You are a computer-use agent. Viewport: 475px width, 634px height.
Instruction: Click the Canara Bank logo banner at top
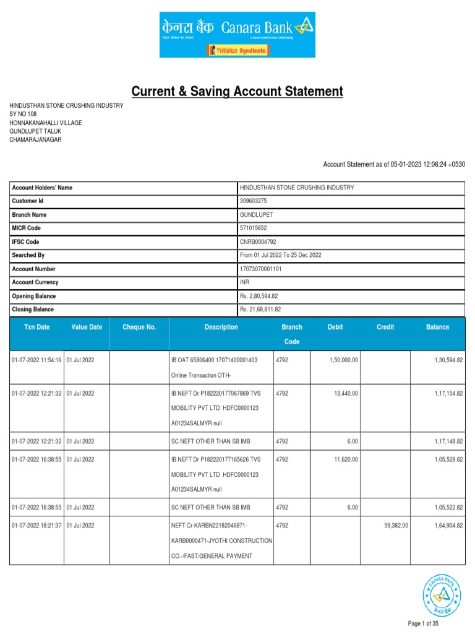(237, 35)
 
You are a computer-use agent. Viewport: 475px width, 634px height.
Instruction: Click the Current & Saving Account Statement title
(237, 92)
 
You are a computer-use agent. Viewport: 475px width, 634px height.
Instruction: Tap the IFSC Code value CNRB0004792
(259, 241)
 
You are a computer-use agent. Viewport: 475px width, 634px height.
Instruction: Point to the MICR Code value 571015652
(254, 228)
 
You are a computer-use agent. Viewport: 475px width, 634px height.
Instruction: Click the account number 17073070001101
(265, 269)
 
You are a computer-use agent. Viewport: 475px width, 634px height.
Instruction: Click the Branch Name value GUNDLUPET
(256, 215)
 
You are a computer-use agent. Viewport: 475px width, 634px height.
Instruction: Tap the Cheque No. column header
(139, 327)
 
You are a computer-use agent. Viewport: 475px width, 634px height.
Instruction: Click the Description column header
(221, 327)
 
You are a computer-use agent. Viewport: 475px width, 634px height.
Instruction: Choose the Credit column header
(385, 327)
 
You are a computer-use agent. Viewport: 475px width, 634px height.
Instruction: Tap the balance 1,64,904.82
(446, 524)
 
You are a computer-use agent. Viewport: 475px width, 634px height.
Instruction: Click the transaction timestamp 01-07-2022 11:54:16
(36, 360)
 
